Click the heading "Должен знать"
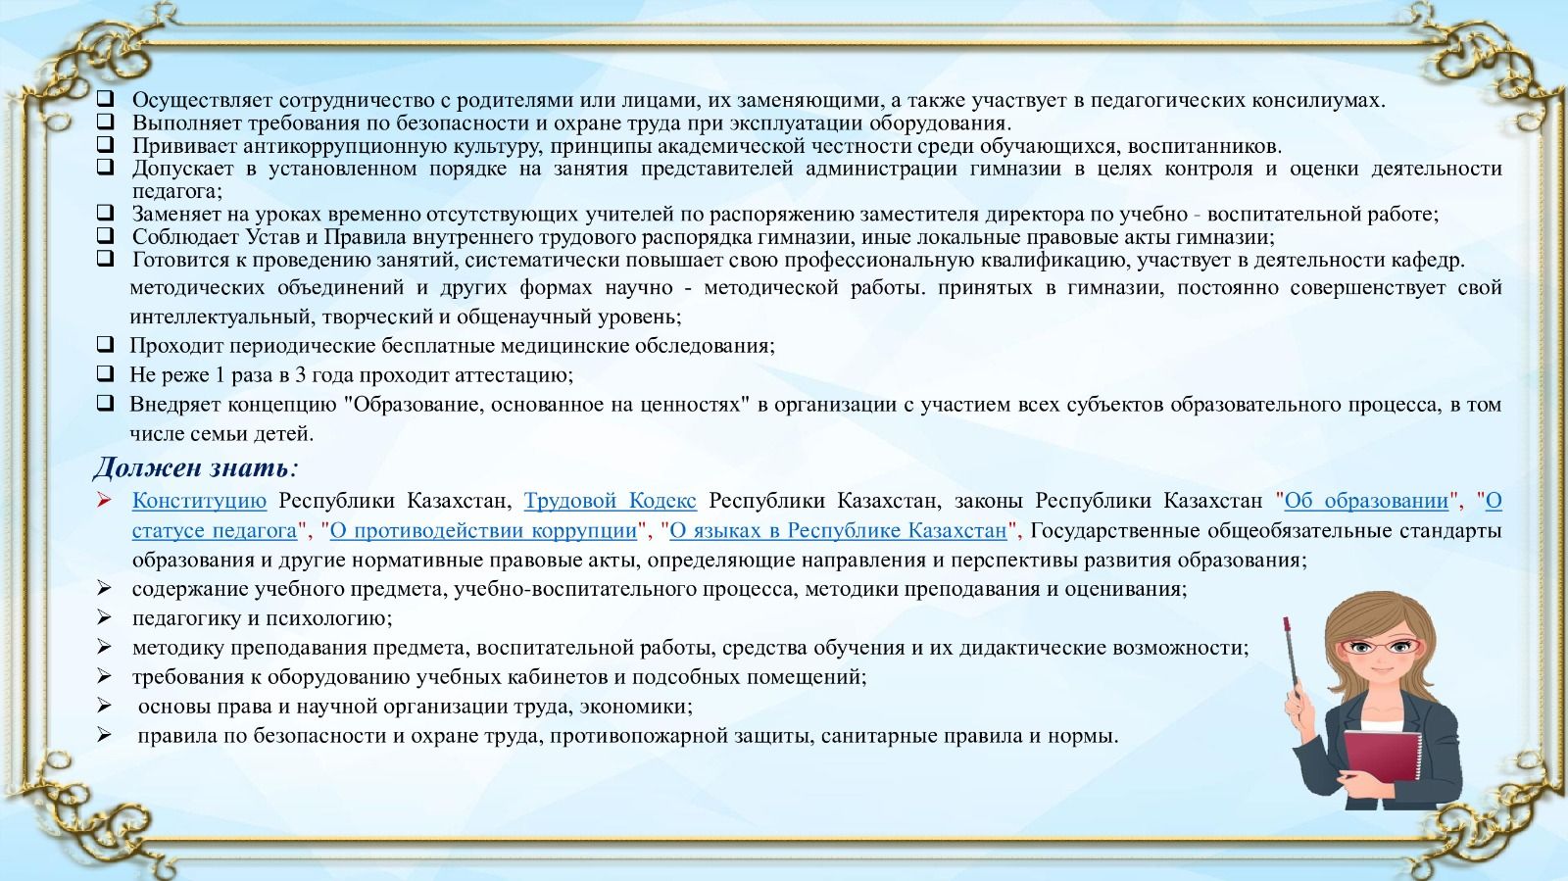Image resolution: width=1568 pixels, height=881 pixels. click(191, 467)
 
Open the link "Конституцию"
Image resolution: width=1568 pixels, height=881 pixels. click(200, 501)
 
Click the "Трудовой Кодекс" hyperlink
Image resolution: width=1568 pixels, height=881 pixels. click(610, 501)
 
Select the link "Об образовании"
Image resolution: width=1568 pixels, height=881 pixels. click(1366, 501)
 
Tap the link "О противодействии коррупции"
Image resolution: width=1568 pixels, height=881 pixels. click(483, 530)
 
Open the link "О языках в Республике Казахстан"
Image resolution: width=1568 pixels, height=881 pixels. click(838, 530)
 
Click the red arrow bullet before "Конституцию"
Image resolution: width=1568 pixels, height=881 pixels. click(104, 500)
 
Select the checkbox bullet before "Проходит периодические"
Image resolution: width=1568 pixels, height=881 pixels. click(105, 344)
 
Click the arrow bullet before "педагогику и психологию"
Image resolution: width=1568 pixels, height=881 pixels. click(104, 617)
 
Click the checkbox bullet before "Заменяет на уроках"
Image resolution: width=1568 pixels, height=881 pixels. click(105, 212)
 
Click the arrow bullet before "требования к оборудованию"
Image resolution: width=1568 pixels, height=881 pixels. click(104, 676)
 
